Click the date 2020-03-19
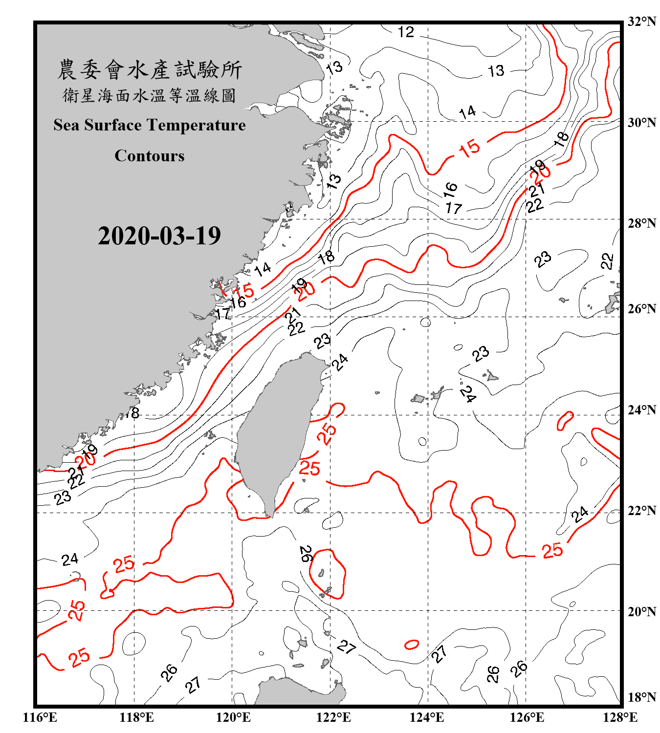159,236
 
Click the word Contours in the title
150,156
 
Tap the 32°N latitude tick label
641,22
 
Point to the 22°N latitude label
641,511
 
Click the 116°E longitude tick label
40,717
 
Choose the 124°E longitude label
427,717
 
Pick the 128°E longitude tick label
620,717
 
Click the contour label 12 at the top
406,32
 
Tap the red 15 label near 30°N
469,148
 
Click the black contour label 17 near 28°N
454,208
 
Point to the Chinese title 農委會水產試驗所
150,70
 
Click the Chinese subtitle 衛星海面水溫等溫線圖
150,95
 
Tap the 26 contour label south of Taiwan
306,554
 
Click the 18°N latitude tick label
641,697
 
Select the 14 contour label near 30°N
467,112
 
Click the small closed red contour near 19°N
412,645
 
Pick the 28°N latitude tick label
641,223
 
